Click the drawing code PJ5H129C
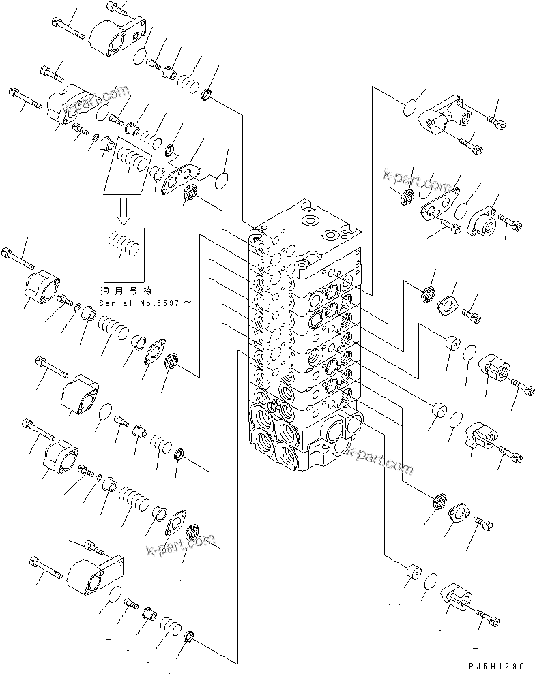494,664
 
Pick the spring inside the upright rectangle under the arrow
123,243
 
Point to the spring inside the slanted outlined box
130,164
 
